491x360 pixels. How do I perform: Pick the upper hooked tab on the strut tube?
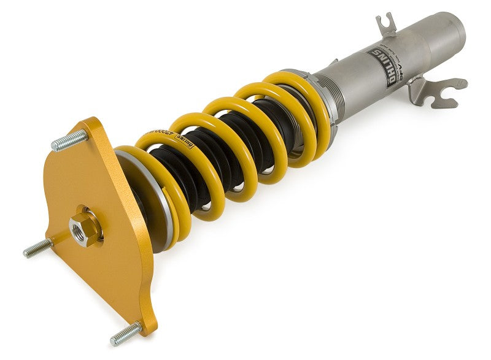386,25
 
